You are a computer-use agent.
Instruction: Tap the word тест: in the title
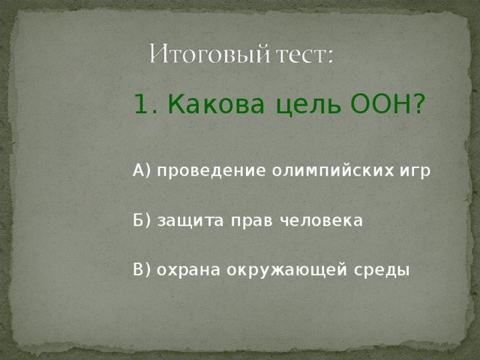click(304, 55)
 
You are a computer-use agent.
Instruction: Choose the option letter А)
click(142, 171)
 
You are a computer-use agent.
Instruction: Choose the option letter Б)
click(142, 220)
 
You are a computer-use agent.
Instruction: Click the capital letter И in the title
click(156, 55)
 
